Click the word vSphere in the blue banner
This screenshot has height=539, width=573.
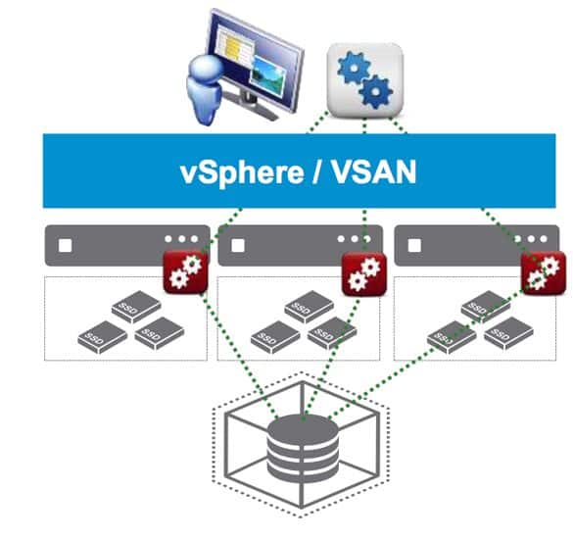tap(242, 172)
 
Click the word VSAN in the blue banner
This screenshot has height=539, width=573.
tap(374, 171)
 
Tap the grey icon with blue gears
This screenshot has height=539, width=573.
tap(364, 80)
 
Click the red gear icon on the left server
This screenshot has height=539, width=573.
tap(185, 272)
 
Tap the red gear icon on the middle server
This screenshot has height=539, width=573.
tap(364, 273)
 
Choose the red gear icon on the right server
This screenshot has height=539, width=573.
tap(544, 272)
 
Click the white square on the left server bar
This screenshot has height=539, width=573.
tap(66, 246)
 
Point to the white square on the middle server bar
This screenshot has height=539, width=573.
tap(238, 246)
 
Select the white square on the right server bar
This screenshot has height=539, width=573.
tap(414, 246)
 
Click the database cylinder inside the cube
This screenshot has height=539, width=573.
tap(303, 448)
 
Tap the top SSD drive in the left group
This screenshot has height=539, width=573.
tap(136, 307)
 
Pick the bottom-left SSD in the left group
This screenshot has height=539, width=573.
tap(103, 337)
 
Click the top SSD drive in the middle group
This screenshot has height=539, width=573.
tap(310, 307)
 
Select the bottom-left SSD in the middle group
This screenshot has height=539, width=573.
tap(275, 337)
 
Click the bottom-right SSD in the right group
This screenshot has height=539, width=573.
tap(508, 333)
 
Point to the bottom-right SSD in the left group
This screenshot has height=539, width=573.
tap(160, 333)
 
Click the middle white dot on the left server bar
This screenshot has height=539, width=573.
tap(181, 239)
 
